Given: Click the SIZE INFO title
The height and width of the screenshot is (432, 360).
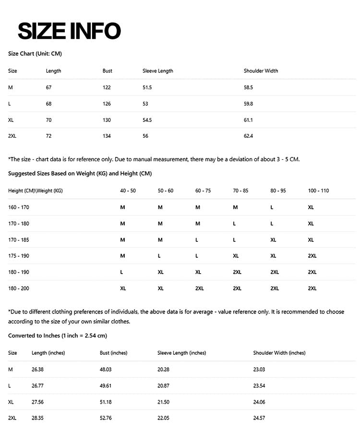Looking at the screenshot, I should [x=69, y=31].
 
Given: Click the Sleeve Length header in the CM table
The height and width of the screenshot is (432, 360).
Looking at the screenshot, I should [x=157, y=71].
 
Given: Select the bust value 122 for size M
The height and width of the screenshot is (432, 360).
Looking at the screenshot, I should [x=107, y=87].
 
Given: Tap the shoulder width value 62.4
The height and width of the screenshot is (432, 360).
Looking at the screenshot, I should [x=248, y=136].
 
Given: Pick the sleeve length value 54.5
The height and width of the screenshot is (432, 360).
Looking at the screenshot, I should [x=147, y=120].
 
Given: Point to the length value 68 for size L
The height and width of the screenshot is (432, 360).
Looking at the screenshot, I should [x=48, y=104].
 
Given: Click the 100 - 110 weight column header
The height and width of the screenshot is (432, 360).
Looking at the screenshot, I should [x=318, y=191].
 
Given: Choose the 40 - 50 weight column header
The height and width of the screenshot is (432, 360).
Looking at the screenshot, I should [x=128, y=191].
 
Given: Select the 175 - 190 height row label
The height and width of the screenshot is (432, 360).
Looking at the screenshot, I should [x=19, y=256].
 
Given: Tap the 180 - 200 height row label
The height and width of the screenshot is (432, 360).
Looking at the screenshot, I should [x=19, y=288].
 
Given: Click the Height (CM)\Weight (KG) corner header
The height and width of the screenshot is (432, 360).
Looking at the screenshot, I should [x=35, y=191].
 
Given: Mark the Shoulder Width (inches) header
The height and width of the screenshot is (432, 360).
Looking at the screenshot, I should [x=279, y=353].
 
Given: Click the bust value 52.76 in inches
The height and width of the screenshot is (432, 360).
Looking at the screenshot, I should [x=106, y=418].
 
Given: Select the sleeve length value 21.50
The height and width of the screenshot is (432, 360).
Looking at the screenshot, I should [x=163, y=402].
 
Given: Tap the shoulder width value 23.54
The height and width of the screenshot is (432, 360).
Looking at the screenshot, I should [x=259, y=385].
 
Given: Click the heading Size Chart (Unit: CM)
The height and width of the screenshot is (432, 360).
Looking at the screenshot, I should [x=35, y=54].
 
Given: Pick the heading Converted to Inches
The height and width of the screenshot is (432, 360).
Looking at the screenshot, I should [x=58, y=336].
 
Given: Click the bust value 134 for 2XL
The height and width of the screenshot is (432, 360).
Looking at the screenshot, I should [x=107, y=136].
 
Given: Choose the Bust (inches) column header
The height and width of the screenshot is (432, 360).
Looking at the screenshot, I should [x=113, y=353].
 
